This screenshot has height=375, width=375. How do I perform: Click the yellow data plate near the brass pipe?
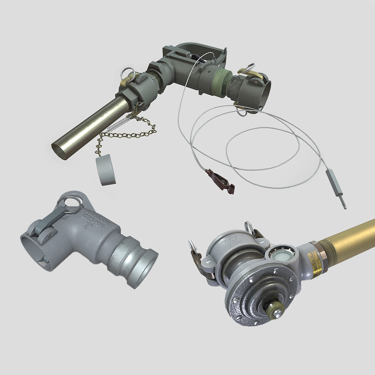[317, 262]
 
